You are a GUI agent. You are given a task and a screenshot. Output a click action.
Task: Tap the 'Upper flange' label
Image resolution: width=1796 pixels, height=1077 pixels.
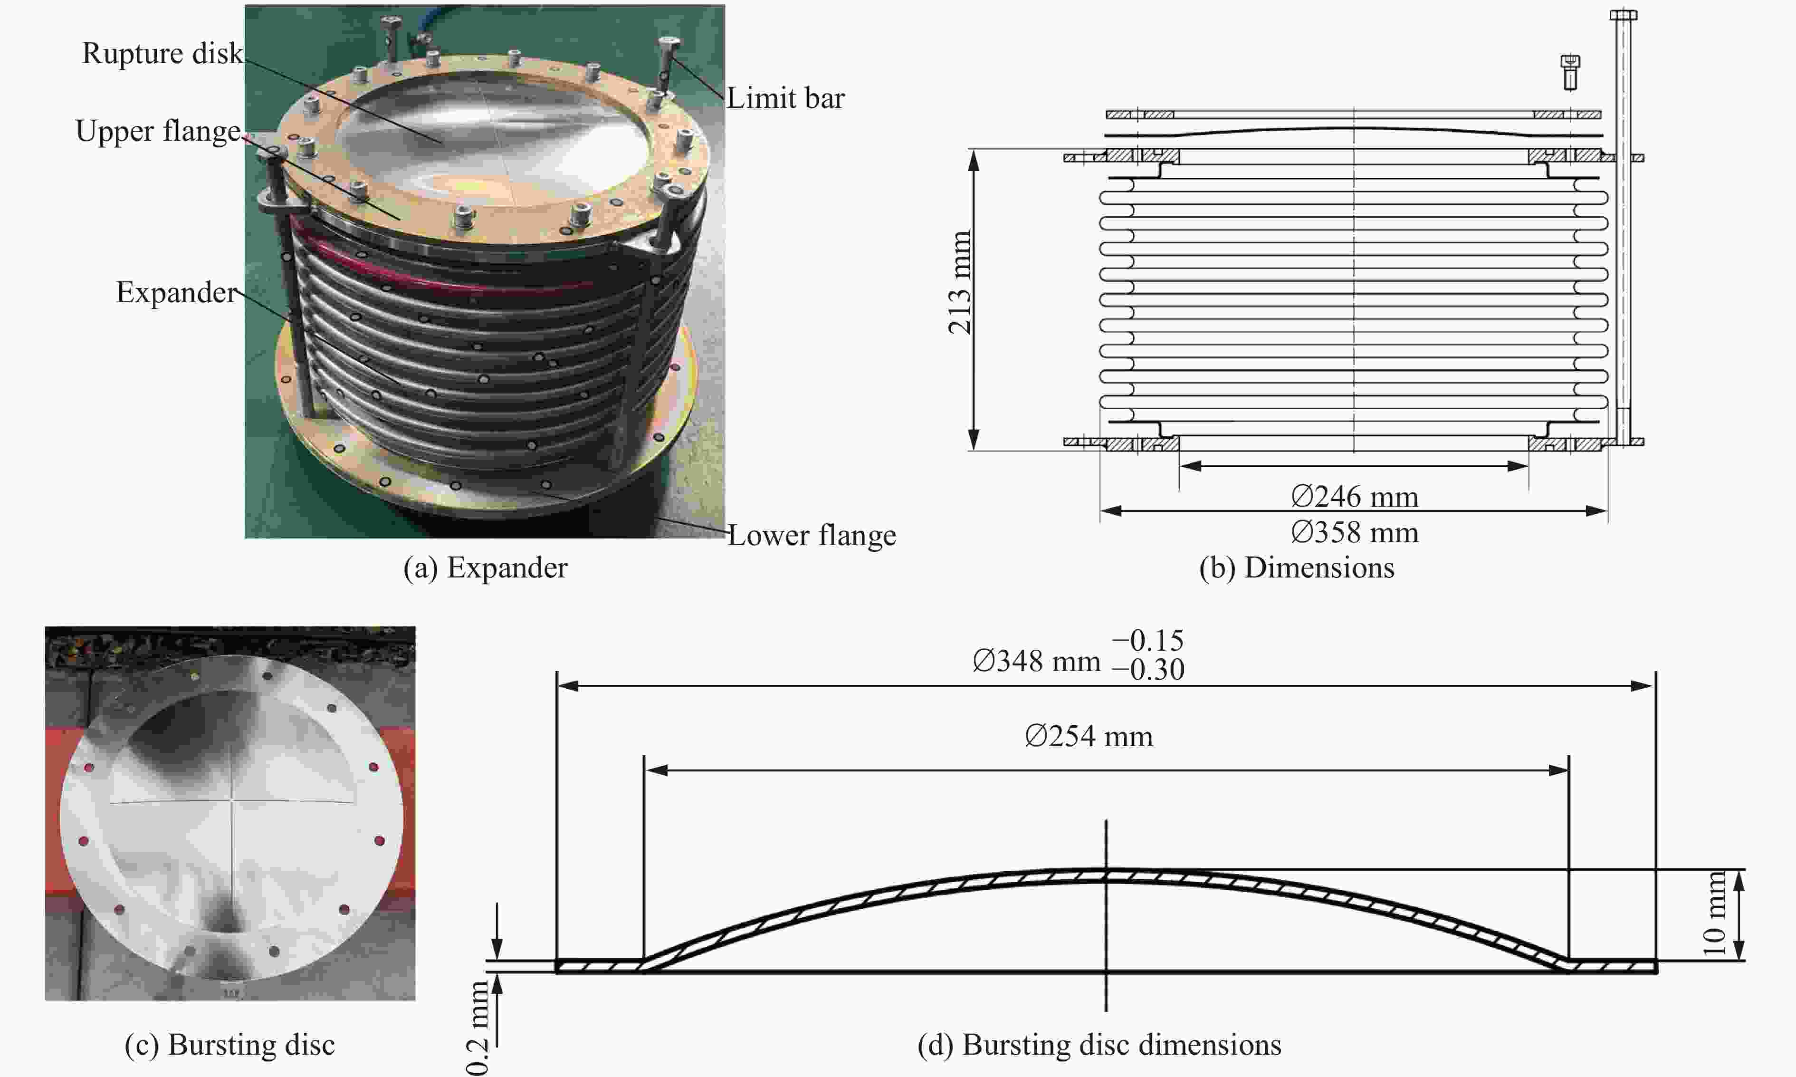point(158,131)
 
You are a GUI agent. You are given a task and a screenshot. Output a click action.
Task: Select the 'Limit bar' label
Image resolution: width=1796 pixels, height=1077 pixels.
point(785,98)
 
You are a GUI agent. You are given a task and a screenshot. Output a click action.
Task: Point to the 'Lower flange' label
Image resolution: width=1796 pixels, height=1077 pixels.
point(812,536)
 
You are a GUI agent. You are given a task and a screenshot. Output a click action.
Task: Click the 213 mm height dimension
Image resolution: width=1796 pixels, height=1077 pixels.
point(960,282)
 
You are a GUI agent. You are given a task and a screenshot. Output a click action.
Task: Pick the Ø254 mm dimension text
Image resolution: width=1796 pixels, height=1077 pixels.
point(1089,737)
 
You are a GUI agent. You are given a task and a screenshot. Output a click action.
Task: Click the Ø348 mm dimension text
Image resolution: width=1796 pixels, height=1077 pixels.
point(1037,661)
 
